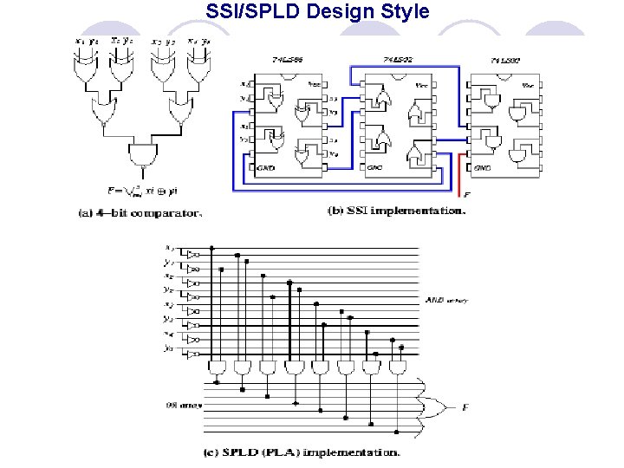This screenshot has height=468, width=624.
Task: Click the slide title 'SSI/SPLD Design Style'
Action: (x=317, y=12)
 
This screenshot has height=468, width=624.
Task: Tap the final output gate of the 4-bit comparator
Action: (x=140, y=158)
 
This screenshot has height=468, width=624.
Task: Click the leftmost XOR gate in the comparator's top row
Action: (x=88, y=75)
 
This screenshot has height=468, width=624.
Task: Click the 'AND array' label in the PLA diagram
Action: (x=446, y=301)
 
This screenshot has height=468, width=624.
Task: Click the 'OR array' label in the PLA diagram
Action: (x=179, y=402)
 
